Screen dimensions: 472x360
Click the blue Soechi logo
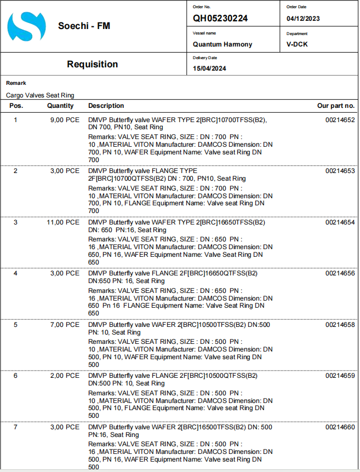[26, 26]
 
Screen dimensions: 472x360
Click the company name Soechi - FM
[84, 26]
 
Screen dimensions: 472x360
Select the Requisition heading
[92, 64]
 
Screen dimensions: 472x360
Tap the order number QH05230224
[220, 18]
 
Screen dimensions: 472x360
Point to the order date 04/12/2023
[303, 19]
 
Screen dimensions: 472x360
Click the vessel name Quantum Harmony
[222, 44]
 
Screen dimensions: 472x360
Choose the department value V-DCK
[297, 44]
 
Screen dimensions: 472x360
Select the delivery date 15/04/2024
[209, 68]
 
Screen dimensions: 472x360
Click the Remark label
[16, 83]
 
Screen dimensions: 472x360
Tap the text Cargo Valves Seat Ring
[40, 95]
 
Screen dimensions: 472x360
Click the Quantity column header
[60, 106]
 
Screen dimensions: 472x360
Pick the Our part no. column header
[336, 106]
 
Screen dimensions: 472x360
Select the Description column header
[106, 106]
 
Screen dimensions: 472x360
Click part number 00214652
[340, 120]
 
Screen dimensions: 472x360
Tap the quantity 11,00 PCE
[63, 222]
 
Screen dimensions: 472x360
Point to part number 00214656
[340, 273]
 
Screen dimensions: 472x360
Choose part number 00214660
[340, 427]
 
